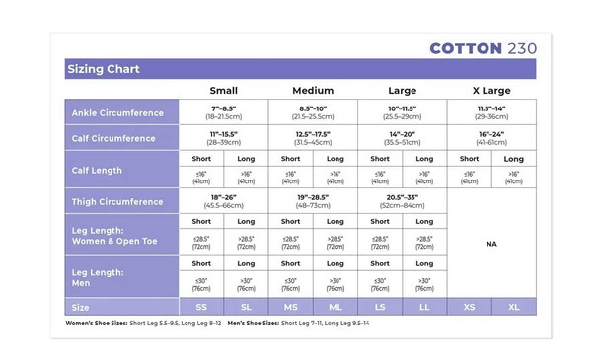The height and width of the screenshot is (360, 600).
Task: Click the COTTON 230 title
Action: point(482,47)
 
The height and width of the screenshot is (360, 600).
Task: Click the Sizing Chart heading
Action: point(104,69)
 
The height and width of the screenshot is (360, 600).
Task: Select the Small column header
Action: point(223,90)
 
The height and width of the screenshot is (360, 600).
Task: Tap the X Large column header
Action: point(490,90)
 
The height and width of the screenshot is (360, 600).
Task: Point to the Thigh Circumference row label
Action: point(117,201)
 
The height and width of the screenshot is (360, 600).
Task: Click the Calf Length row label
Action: point(97,170)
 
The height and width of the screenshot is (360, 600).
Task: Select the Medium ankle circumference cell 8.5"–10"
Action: point(312,111)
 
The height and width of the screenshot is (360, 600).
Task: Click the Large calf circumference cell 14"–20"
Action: point(402,137)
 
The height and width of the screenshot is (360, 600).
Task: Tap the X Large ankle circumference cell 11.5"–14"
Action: point(490,111)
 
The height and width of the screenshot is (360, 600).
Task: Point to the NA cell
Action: point(490,244)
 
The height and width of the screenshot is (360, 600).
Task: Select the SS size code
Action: point(201,307)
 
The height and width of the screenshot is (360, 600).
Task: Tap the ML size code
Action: point(335,307)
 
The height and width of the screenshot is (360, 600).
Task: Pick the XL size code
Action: point(513,307)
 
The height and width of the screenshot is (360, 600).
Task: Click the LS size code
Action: point(379,307)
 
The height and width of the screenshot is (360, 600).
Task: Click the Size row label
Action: point(82,307)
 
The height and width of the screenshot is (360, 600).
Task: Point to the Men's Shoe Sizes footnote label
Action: point(254,324)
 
